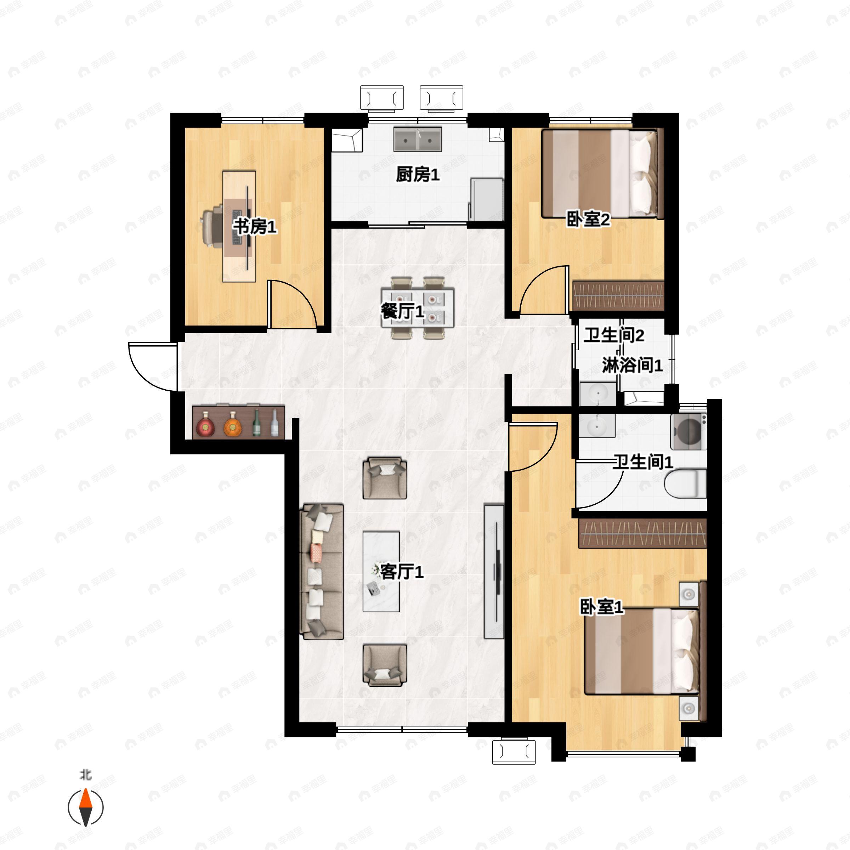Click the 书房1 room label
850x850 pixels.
[x=255, y=227]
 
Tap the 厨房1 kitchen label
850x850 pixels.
[x=418, y=175]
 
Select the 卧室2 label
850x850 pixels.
[x=588, y=220]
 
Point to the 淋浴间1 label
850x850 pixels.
[x=632, y=365]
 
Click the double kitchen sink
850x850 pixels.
[x=417, y=139]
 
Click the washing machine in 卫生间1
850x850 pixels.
[x=688, y=432]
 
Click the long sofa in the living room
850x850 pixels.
[x=322, y=572]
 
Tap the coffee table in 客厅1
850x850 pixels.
[x=381, y=572]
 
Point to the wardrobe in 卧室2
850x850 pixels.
[x=618, y=296]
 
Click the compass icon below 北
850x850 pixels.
[x=85, y=807]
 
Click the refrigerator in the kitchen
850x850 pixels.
[x=487, y=199]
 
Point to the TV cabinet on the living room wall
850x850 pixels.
[x=494, y=571]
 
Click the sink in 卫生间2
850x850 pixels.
[x=597, y=394]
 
